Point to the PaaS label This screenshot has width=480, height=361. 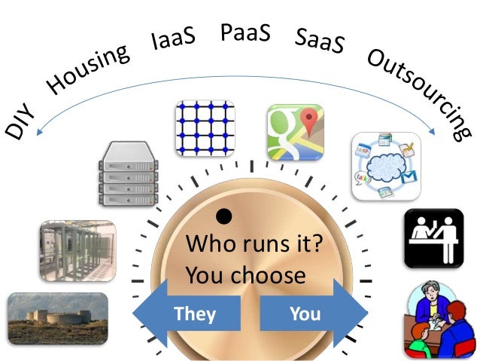(x=246, y=33)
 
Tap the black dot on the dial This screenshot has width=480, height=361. (x=223, y=217)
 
